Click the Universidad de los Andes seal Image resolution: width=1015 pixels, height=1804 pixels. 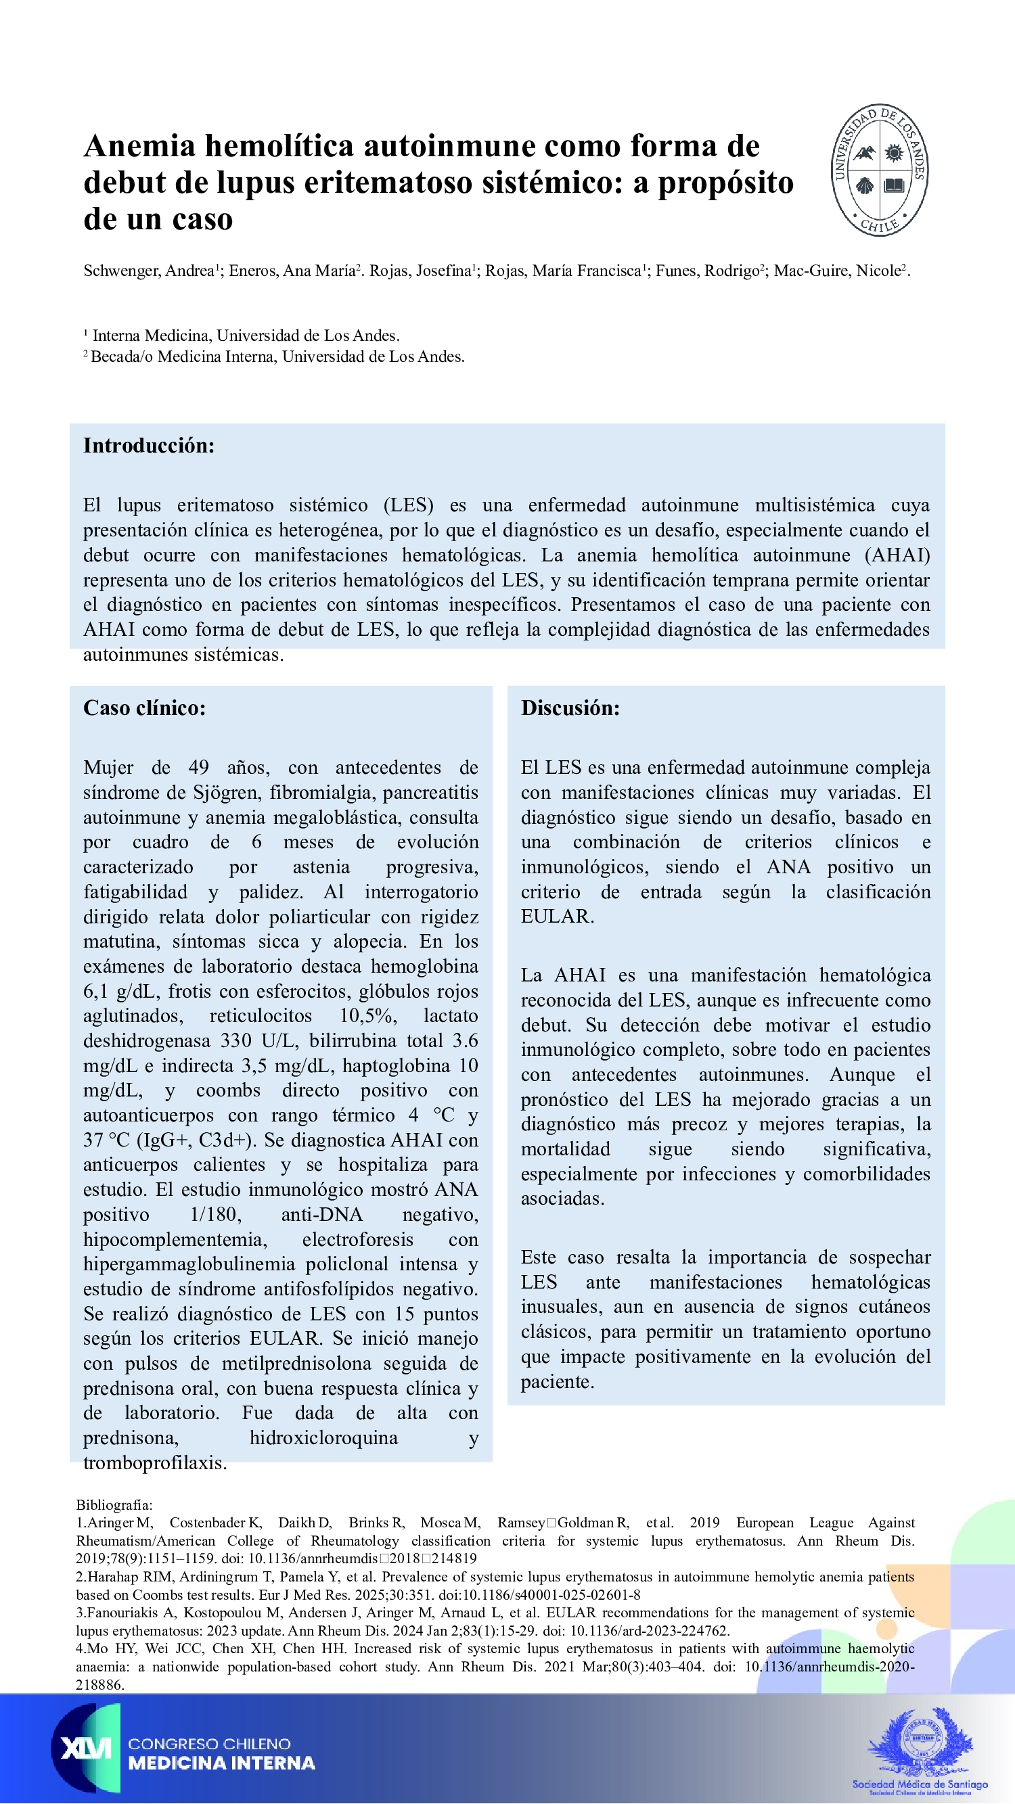880,170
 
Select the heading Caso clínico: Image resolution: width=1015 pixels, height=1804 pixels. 144,708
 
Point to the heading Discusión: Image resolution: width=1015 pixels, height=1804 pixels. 570,708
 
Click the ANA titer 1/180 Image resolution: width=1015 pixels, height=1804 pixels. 215,1214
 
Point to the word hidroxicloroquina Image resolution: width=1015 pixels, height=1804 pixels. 323,1438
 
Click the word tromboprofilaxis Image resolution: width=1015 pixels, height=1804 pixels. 154,1462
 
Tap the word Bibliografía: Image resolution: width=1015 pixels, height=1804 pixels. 114,1504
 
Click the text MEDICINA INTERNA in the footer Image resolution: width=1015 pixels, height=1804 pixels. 221,1763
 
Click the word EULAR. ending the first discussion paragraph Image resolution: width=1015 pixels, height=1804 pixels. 557,916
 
